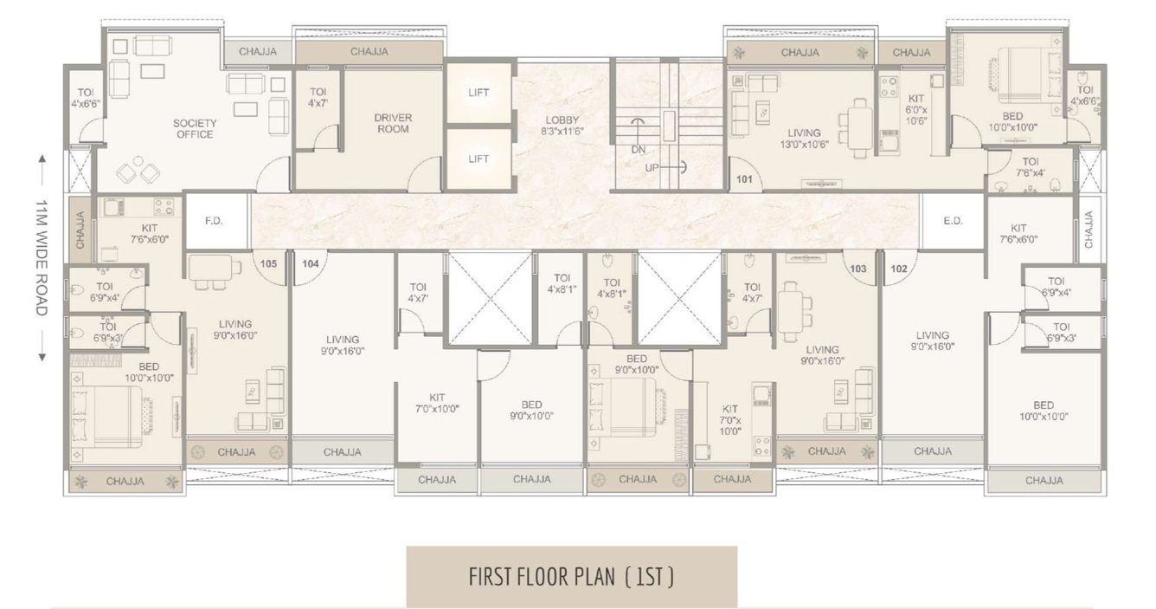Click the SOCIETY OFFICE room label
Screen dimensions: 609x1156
click(195, 128)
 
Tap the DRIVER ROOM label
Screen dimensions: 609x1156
click(393, 123)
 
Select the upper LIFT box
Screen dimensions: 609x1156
click(478, 93)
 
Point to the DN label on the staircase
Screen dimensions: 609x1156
click(639, 149)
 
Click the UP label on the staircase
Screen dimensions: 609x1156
click(652, 167)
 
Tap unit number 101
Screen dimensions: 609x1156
click(744, 180)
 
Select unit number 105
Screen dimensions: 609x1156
click(269, 263)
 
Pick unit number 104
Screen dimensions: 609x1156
click(311, 263)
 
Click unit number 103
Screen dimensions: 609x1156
click(857, 269)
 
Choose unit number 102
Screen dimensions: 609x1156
click(899, 269)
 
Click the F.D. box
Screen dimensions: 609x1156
click(215, 221)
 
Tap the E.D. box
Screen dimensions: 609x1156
click(953, 221)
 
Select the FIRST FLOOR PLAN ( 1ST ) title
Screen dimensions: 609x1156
click(571, 576)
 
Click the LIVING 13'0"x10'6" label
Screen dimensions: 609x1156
click(804, 139)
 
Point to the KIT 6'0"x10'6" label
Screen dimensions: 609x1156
click(915, 109)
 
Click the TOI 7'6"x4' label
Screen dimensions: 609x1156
click(1031, 166)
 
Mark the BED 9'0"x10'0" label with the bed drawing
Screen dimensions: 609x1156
click(637, 364)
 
